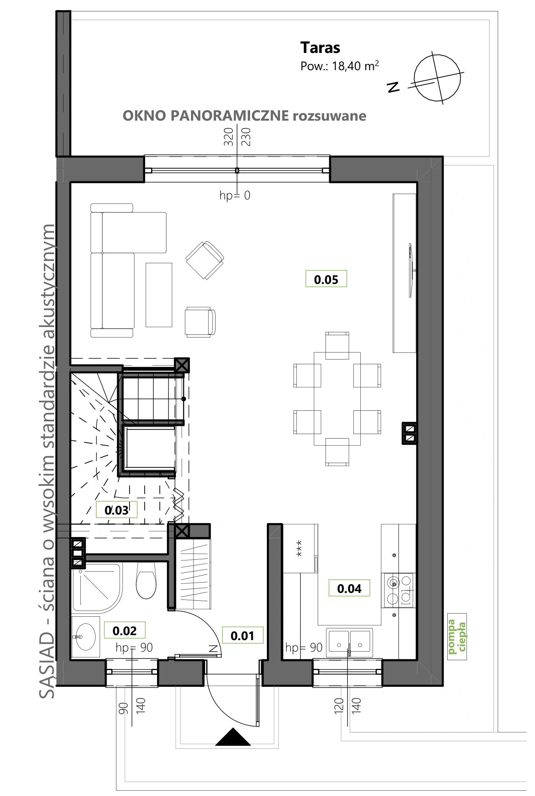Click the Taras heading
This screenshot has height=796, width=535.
point(320,48)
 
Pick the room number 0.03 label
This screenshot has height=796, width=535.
point(116,510)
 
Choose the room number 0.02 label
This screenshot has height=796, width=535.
point(125,631)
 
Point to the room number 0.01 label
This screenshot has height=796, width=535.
point(243,636)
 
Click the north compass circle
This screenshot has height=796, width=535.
point(437,77)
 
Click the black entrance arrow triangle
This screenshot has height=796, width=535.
point(233,737)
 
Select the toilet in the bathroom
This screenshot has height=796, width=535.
point(146,581)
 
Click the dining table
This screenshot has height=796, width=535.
point(337,399)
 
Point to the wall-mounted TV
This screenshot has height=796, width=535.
point(411,270)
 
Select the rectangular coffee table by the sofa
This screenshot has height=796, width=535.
point(159,295)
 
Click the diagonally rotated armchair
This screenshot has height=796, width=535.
point(205,260)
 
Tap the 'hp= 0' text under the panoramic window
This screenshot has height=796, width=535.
point(235,195)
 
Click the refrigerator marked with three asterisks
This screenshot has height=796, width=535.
point(300,549)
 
